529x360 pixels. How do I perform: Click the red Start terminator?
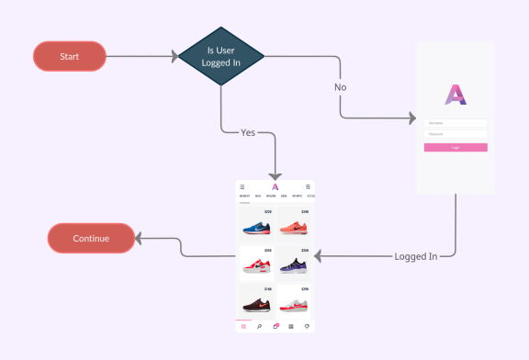[69, 57]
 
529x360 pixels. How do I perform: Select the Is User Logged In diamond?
[220, 56]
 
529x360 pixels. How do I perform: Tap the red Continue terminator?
[91, 239]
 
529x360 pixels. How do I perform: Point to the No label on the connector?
[340, 88]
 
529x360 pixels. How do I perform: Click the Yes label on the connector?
[248, 132]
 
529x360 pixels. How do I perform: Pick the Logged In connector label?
[415, 256]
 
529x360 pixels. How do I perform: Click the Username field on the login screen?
[456, 122]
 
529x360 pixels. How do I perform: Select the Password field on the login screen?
[456, 133]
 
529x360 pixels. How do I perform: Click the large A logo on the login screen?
[456, 95]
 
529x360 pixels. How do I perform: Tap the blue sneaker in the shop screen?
[255, 228]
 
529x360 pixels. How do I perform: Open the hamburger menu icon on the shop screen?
[242, 187]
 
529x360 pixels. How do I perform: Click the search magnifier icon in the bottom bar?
[260, 326]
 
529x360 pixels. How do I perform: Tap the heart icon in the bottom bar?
[307, 326]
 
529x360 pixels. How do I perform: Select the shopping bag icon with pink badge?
[276, 326]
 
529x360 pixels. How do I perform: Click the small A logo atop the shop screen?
[275, 187]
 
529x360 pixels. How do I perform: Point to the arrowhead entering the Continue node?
[139, 239]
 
